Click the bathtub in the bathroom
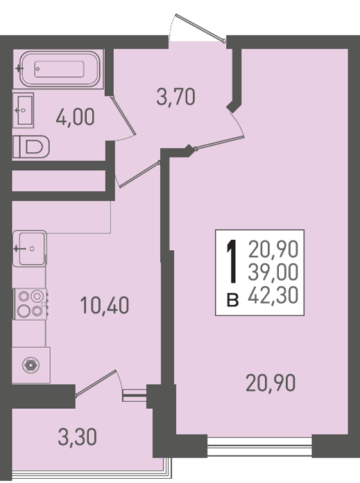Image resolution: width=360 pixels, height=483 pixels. [58, 69]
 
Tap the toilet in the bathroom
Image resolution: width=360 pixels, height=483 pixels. [31, 147]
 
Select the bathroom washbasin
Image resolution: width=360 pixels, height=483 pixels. [23, 110]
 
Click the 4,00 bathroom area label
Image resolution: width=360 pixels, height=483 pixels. [75, 117]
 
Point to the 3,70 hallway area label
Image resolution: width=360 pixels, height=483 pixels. [175, 96]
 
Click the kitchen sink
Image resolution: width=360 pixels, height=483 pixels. [29, 249]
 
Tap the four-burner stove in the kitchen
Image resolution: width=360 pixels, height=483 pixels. [31, 304]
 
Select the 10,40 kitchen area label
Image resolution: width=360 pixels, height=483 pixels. [105, 306]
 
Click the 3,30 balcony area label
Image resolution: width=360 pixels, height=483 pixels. [78, 437]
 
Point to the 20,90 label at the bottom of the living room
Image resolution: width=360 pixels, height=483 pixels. [271, 383]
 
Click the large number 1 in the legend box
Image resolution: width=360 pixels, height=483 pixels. [232, 262]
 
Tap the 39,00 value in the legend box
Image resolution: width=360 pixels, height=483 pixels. [273, 272]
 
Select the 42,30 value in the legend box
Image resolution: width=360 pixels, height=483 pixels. [273, 295]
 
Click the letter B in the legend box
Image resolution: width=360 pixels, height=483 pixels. [232, 300]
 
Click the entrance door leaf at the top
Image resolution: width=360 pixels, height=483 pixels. [200, 27]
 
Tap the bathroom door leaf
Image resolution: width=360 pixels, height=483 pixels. [123, 116]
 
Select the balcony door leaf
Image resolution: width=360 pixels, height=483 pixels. [96, 383]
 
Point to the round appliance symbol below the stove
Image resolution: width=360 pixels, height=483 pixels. [31, 365]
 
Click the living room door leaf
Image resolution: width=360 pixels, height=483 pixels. [219, 143]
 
